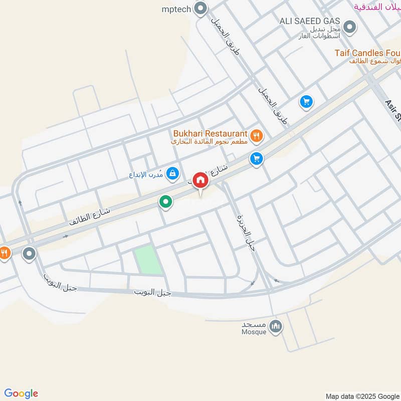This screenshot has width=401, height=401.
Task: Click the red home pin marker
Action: coord(200,180)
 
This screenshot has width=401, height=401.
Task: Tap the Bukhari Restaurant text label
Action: coord(210,134)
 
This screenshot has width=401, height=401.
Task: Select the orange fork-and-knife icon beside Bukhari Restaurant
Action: coord(256,134)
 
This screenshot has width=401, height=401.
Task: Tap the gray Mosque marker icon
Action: coord(275,327)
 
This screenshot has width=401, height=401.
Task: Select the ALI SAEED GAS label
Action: coord(310,21)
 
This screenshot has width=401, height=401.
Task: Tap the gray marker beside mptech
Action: coord(200,9)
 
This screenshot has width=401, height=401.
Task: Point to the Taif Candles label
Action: coord(368,53)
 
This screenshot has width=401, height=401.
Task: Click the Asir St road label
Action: coord(392,110)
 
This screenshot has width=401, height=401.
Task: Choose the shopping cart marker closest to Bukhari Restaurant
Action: coord(257,159)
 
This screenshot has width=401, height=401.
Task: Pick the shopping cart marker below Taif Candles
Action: coord(306,102)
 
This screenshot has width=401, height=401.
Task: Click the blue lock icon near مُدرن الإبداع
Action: coord(172,173)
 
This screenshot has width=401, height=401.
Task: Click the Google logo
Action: coord(22,393)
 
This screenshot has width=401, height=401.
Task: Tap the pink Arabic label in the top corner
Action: coord(376,7)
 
